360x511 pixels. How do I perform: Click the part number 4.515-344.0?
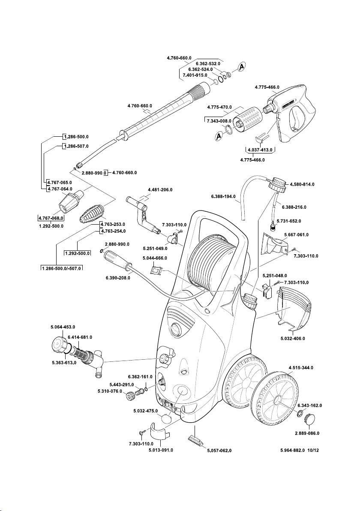[x=301, y=368]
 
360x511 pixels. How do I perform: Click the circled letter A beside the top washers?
[x=242, y=66]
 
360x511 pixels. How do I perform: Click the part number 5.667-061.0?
[x=296, y=235]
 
